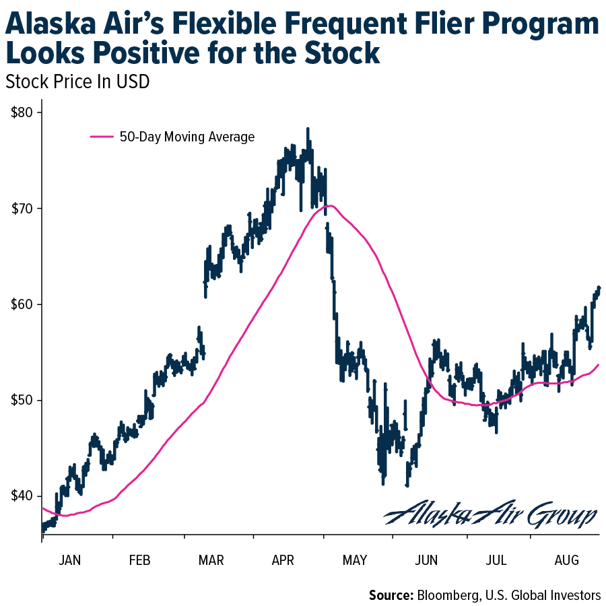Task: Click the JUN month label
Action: (x=428, y=560)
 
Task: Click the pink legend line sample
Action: (x=102, y=137)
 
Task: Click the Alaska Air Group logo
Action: (x=490, y=514)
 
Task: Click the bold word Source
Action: (x=391, y=595)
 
